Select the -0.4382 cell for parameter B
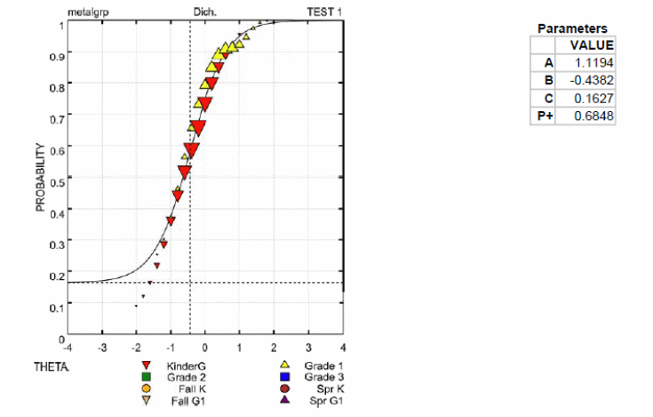tap(596, 80)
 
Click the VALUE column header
tap(592, 44)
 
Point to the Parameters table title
tap(572, 28)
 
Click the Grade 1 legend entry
tap(323, 365)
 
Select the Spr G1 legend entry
tap(323, 399)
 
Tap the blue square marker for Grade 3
tap(286, 377)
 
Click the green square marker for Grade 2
tap(146, 377)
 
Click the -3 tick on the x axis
tap(102, 348)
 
